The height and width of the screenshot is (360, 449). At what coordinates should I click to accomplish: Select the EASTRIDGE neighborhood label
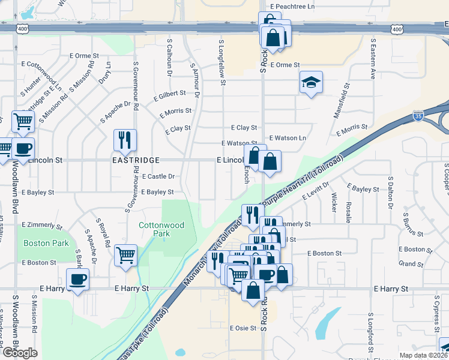[x=136, y=161]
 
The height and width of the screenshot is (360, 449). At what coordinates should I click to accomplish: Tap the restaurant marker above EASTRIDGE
[x=125, y=140]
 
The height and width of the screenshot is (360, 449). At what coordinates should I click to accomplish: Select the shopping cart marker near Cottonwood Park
[x=125, y=255]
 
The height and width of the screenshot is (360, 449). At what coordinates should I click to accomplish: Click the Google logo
[x=19, y=353]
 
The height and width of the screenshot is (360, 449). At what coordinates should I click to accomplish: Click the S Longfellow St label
[x=221, y=59]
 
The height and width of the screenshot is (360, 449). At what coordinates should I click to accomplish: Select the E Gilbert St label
[x=171, y=96]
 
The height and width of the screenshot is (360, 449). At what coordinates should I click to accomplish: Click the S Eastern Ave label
[x=373, y=60]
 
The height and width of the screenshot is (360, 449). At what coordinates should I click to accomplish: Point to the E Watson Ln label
[x=288, y=138]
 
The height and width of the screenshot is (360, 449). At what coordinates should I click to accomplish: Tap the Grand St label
[x=411, y=264]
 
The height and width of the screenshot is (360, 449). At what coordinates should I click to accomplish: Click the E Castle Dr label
[x=158, y=176]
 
